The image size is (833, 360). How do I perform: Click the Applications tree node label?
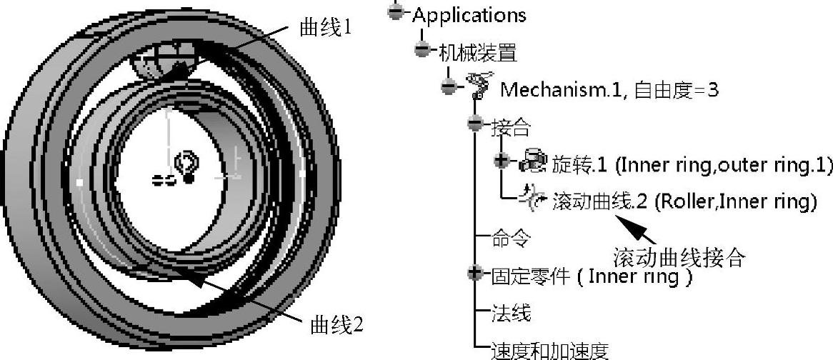click(x=469, y=14)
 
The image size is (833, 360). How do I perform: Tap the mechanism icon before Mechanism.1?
click(x=481, y=85)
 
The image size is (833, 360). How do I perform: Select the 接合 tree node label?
click(x=512, y=127)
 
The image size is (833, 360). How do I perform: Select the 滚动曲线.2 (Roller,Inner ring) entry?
click(x=684, y=202)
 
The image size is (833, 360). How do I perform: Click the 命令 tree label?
click(x=511, y=239)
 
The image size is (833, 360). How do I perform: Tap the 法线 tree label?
click(x=511, y=313)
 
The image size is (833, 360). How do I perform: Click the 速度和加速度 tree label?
click(x=549, y=350)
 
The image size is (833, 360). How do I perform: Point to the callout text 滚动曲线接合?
click(x=679, y=256)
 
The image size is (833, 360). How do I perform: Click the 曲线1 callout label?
click(x=325, y=28)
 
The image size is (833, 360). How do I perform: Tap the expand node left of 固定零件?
click(x=476, y=273)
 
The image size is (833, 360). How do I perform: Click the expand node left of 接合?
click(x=476, y=124)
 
